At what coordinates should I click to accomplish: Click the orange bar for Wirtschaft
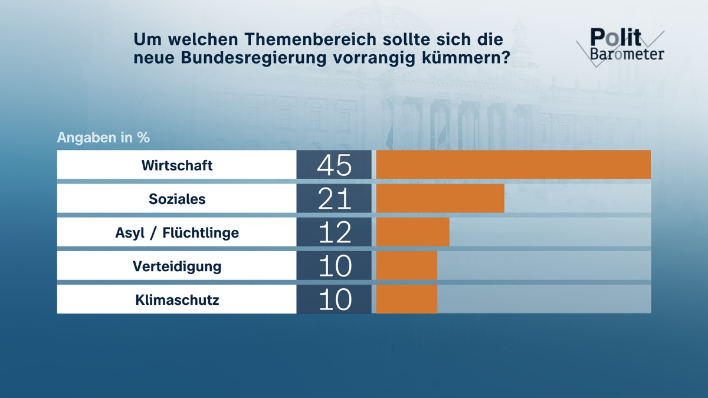pos(513,165)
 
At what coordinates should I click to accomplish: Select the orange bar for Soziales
pos(440,198)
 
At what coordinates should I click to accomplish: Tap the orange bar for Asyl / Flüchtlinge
pos(412,232)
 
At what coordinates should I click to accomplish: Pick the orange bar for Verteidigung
pos(407,265)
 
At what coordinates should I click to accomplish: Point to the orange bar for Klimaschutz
pos(407,299)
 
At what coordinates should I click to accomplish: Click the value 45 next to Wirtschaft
pos(334,165)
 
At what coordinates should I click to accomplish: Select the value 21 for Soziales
pos(334,199)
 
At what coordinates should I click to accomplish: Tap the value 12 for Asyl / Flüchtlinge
pos(334,232)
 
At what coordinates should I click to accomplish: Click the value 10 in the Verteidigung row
pos(334,266)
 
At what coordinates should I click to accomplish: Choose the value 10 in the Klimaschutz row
pos(334,300)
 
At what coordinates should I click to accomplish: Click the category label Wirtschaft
pos(177,165)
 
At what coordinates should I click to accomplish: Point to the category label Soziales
pos(177,199)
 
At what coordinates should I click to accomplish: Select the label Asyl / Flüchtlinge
pos(177,232)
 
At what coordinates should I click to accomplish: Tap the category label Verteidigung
pos(177,266)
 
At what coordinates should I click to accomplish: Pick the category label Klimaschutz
pos(177,300)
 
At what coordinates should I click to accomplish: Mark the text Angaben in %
pos(103,138)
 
